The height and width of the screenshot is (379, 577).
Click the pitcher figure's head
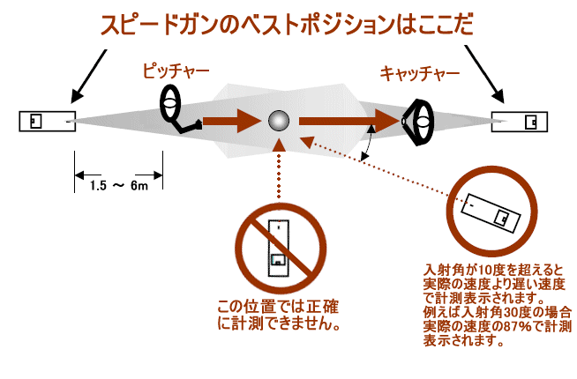170,103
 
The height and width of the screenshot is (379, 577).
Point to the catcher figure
419,122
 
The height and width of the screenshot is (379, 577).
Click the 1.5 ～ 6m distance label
118,186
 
